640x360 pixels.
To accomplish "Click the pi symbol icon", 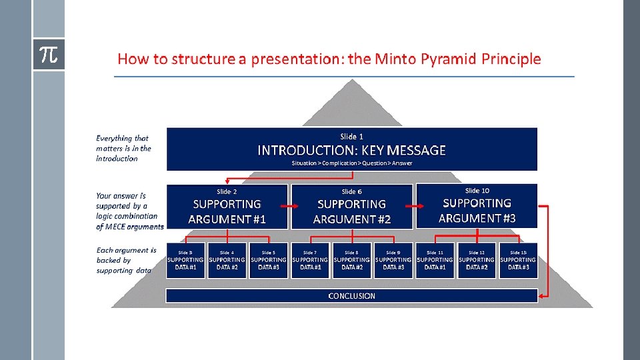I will point(48,55).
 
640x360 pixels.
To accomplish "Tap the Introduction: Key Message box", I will point(351,149).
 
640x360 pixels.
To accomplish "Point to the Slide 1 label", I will point(351,137).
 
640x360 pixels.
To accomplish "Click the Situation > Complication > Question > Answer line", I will point(351,163).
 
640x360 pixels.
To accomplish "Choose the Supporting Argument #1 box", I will point(227,207).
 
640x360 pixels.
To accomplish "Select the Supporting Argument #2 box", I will point(351,207).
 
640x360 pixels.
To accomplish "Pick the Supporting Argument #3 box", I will point(477,206).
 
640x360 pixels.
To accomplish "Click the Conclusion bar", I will point(351,295).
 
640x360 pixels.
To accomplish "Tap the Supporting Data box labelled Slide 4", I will point(227,261).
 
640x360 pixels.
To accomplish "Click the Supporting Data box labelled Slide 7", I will point(310,261).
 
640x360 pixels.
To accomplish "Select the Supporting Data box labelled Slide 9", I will point(393,261).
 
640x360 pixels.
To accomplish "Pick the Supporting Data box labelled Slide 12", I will point(477,261).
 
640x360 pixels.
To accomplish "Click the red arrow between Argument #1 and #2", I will point(290,207).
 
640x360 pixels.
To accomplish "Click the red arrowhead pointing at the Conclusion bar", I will point(541,295).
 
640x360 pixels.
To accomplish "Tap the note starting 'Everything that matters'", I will point(124,148).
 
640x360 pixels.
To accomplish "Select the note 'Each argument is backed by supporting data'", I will point(126,261).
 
